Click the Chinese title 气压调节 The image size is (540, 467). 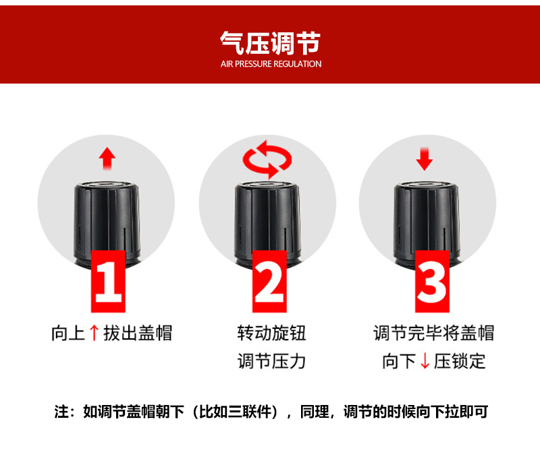tap(271, 43)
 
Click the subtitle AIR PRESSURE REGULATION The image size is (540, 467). tap(271, 64)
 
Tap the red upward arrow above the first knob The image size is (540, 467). tap(107, 158)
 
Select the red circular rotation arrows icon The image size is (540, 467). tap(267, 160)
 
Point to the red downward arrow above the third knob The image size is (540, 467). tap(425, 159)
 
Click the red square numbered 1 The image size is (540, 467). tap(108, 281)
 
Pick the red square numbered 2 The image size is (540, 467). tap(269, 281)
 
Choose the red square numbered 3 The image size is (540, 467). tap(432, 281)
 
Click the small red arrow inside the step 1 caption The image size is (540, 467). tap(94, 333)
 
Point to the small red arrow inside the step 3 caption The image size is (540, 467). tap(425, 361)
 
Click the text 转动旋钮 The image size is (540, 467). tap(271, 333)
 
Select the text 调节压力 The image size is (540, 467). tap(271, 361)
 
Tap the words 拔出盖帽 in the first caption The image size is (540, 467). tap(138, 333)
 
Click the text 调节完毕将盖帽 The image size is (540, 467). tap(434, 333)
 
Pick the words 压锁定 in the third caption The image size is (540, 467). tap(460, 361)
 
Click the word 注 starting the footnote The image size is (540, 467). tap(61, 412)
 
